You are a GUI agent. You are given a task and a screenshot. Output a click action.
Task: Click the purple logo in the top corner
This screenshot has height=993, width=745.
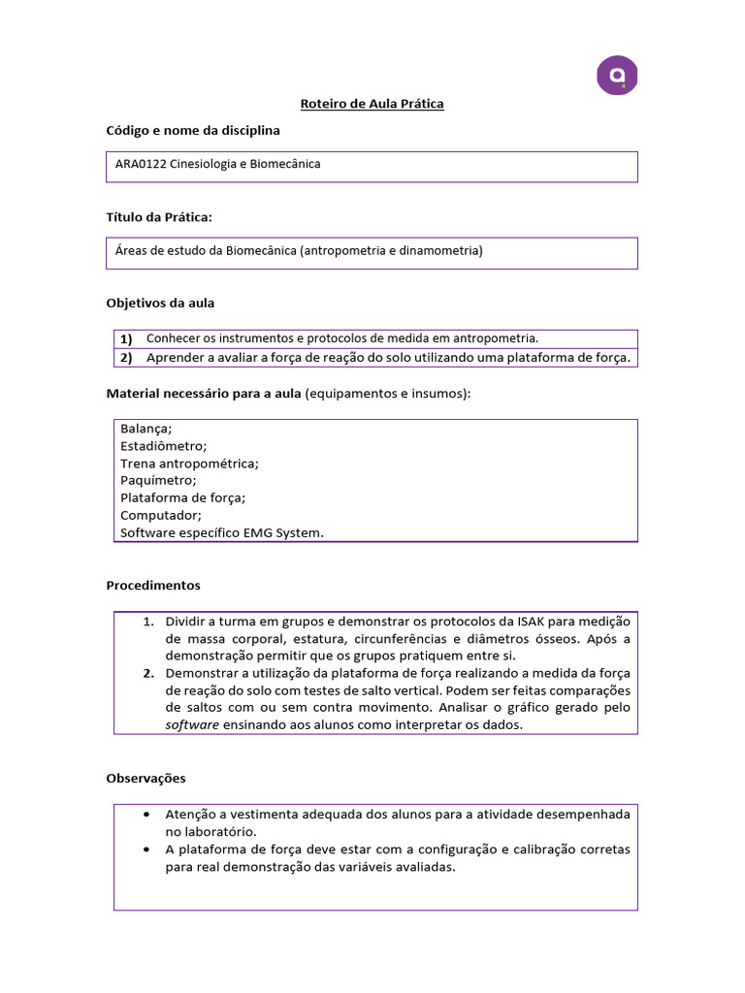click(x=617, y=75)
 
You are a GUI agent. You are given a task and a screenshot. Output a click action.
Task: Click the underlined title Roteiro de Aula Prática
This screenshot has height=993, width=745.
click(x=371, y=104)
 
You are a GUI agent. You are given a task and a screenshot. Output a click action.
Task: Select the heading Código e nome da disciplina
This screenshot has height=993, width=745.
click(x=192, y=130)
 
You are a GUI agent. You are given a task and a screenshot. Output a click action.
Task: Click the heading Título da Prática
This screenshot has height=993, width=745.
click(x=158, y=216)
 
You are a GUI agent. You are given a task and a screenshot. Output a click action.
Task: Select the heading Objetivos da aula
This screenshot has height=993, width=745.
click(x=160, y=303)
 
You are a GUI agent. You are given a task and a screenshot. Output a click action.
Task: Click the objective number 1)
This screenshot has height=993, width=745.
click(x=126, y=338)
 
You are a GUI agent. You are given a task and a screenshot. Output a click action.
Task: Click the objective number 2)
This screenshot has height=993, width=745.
click(x=126, y=358)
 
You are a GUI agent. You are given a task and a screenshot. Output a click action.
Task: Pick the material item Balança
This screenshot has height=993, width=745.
click(x=146, y=428)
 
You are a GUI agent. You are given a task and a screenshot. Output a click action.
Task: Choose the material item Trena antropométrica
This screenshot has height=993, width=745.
click(x=189, y=463)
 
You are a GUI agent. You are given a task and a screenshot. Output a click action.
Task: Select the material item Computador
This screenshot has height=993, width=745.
click(x=160, y=515)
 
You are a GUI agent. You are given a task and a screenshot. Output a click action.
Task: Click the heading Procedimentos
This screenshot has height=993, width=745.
click(x=152, y=585)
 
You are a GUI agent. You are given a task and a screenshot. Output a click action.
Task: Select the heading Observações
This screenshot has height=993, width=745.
click(x=146, y=778)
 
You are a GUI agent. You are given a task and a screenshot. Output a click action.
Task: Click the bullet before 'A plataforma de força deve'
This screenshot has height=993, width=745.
click(x=146, y=849)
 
